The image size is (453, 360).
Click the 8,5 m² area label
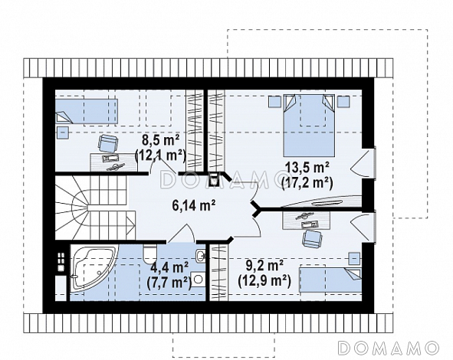coord(160,141)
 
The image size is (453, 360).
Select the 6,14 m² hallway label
coord(194,205)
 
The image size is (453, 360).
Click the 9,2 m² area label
coord(264,265)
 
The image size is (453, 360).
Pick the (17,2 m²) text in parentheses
coord(307,182)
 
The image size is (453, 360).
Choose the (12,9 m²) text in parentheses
coord(264,280)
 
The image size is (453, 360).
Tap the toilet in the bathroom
coord(149,252)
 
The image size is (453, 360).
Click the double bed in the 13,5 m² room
coord(309,125)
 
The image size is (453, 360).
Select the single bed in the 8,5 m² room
coord(86,111)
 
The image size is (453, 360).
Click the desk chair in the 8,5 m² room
coord(108,143)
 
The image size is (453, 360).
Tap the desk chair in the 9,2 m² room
coord(311,238)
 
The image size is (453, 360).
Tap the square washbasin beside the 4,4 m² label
coord(197,279)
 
